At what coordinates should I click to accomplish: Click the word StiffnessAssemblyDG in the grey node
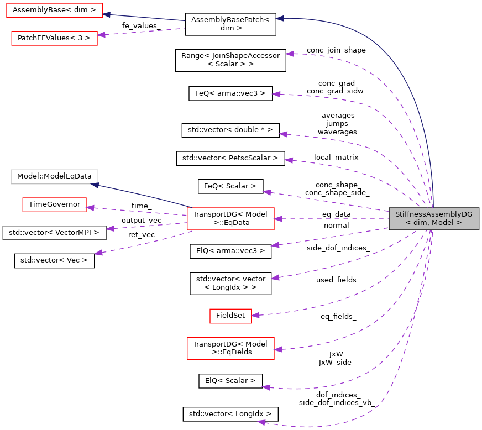coord(433,214)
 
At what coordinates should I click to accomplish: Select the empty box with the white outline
coord(54,177)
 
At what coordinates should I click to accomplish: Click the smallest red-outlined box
coord(230,316)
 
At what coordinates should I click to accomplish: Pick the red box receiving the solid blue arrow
coord(54,10)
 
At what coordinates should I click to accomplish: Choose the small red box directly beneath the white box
coord(54,204)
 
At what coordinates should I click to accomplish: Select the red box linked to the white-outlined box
coord(230,219)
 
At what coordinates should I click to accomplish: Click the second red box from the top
coord(54,38)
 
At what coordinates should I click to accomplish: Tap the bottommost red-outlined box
coord(230,349)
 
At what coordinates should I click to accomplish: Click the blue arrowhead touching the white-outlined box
coord(95,185)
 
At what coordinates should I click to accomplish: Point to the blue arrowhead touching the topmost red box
coord(107,14)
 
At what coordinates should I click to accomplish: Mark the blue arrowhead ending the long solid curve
coord(280,18)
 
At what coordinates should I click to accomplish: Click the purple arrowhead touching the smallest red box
coord(255,316)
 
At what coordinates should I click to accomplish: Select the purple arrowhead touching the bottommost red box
coord(278,349)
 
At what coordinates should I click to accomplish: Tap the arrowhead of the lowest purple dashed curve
coord(261,422)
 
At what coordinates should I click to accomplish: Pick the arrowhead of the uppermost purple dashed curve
coord(290,54)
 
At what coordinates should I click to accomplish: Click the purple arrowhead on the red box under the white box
coord(90,208)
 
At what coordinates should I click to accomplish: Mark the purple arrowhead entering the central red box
coord(278,219)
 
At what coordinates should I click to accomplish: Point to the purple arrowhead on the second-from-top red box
coord(101,35)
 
